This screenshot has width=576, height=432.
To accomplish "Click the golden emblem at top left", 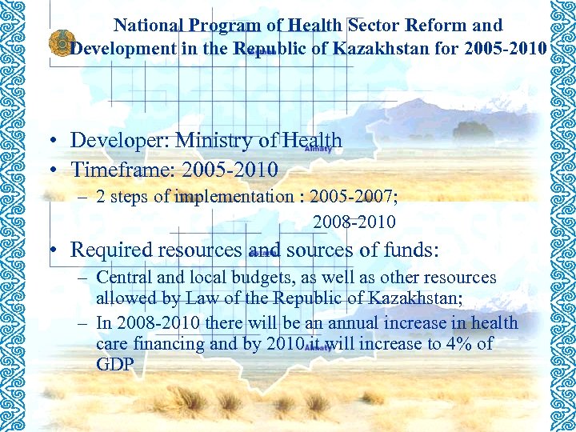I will tap(61, 43).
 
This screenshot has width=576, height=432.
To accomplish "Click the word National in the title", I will tap(146, 26).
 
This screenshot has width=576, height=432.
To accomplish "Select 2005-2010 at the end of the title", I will tap(506, 48).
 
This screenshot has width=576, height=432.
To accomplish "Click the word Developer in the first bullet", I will tap(118, 141).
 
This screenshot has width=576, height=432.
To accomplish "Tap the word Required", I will tap(114, 250).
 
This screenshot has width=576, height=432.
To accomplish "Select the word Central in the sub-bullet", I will tap(122, 278).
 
